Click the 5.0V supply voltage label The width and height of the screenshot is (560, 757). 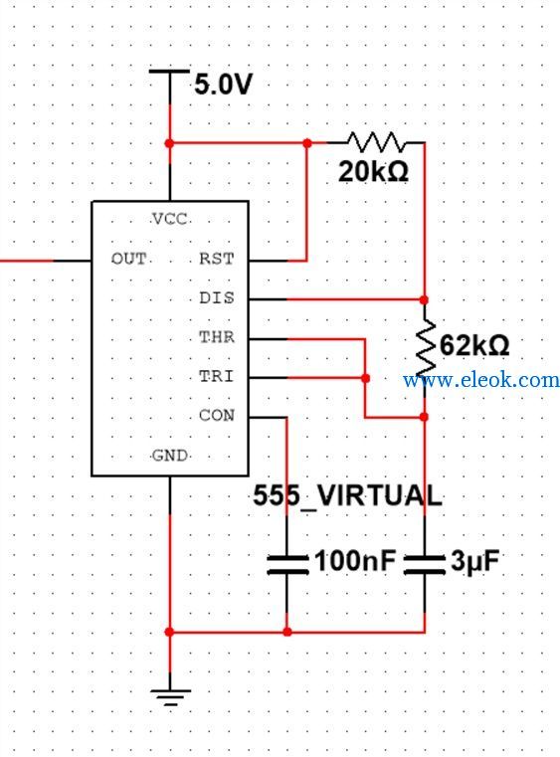point(223,85)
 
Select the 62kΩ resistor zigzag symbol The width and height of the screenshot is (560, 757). point(425,346)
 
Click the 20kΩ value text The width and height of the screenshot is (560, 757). point(373,171)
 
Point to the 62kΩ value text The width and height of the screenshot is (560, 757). point(474,345)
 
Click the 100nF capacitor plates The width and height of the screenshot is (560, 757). point(287,564)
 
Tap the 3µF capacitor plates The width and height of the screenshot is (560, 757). point(425,564)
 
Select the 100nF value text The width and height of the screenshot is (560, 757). point(355,561)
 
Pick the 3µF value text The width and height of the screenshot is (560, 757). point(475,561)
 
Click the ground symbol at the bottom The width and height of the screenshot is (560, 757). point(170,697)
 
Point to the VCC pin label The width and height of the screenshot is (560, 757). point(169,219)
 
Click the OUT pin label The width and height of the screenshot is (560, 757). point(129,259)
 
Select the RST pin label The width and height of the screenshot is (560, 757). point(217,259)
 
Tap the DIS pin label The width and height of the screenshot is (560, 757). point(217,297)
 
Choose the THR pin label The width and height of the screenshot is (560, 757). point(217,337)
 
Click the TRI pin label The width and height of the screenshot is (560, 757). point(217,376)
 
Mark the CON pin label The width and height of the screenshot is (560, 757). point(217,415)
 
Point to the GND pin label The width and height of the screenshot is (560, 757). point(169,456)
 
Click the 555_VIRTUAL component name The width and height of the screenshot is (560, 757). point(347,495)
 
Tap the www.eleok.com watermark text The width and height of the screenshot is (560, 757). point(481,380)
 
